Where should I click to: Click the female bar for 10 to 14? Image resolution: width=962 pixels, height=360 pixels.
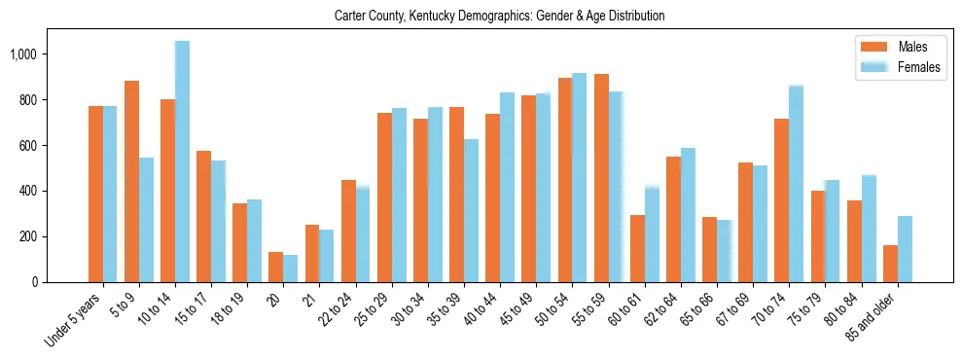(182, 162)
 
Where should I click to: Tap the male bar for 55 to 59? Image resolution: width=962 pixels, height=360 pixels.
(601, 178)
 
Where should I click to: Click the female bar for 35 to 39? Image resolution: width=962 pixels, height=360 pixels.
(471, 210)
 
